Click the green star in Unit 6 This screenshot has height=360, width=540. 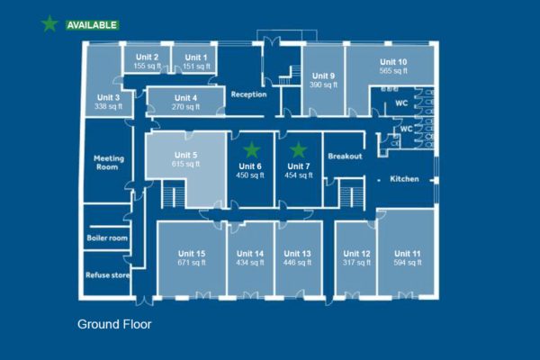click(252, 149)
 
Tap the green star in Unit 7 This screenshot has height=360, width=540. click(298, 149)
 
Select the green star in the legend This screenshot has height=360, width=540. click(49, 24)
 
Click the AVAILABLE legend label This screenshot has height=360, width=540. click(92, 25)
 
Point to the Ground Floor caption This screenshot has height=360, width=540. click(114, 324)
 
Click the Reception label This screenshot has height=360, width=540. click(248, 94)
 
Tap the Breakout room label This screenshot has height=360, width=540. click(345, 156)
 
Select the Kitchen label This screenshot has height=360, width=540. click(404, 179)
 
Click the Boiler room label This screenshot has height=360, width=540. click(107, 238)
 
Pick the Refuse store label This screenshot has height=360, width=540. click(107, 277)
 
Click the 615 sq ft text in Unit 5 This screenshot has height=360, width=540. click(185, 165)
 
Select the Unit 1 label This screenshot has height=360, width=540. click(196, 58)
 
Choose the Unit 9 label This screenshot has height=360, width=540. click(324, 76)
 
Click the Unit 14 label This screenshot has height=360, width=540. click(250, 254)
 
